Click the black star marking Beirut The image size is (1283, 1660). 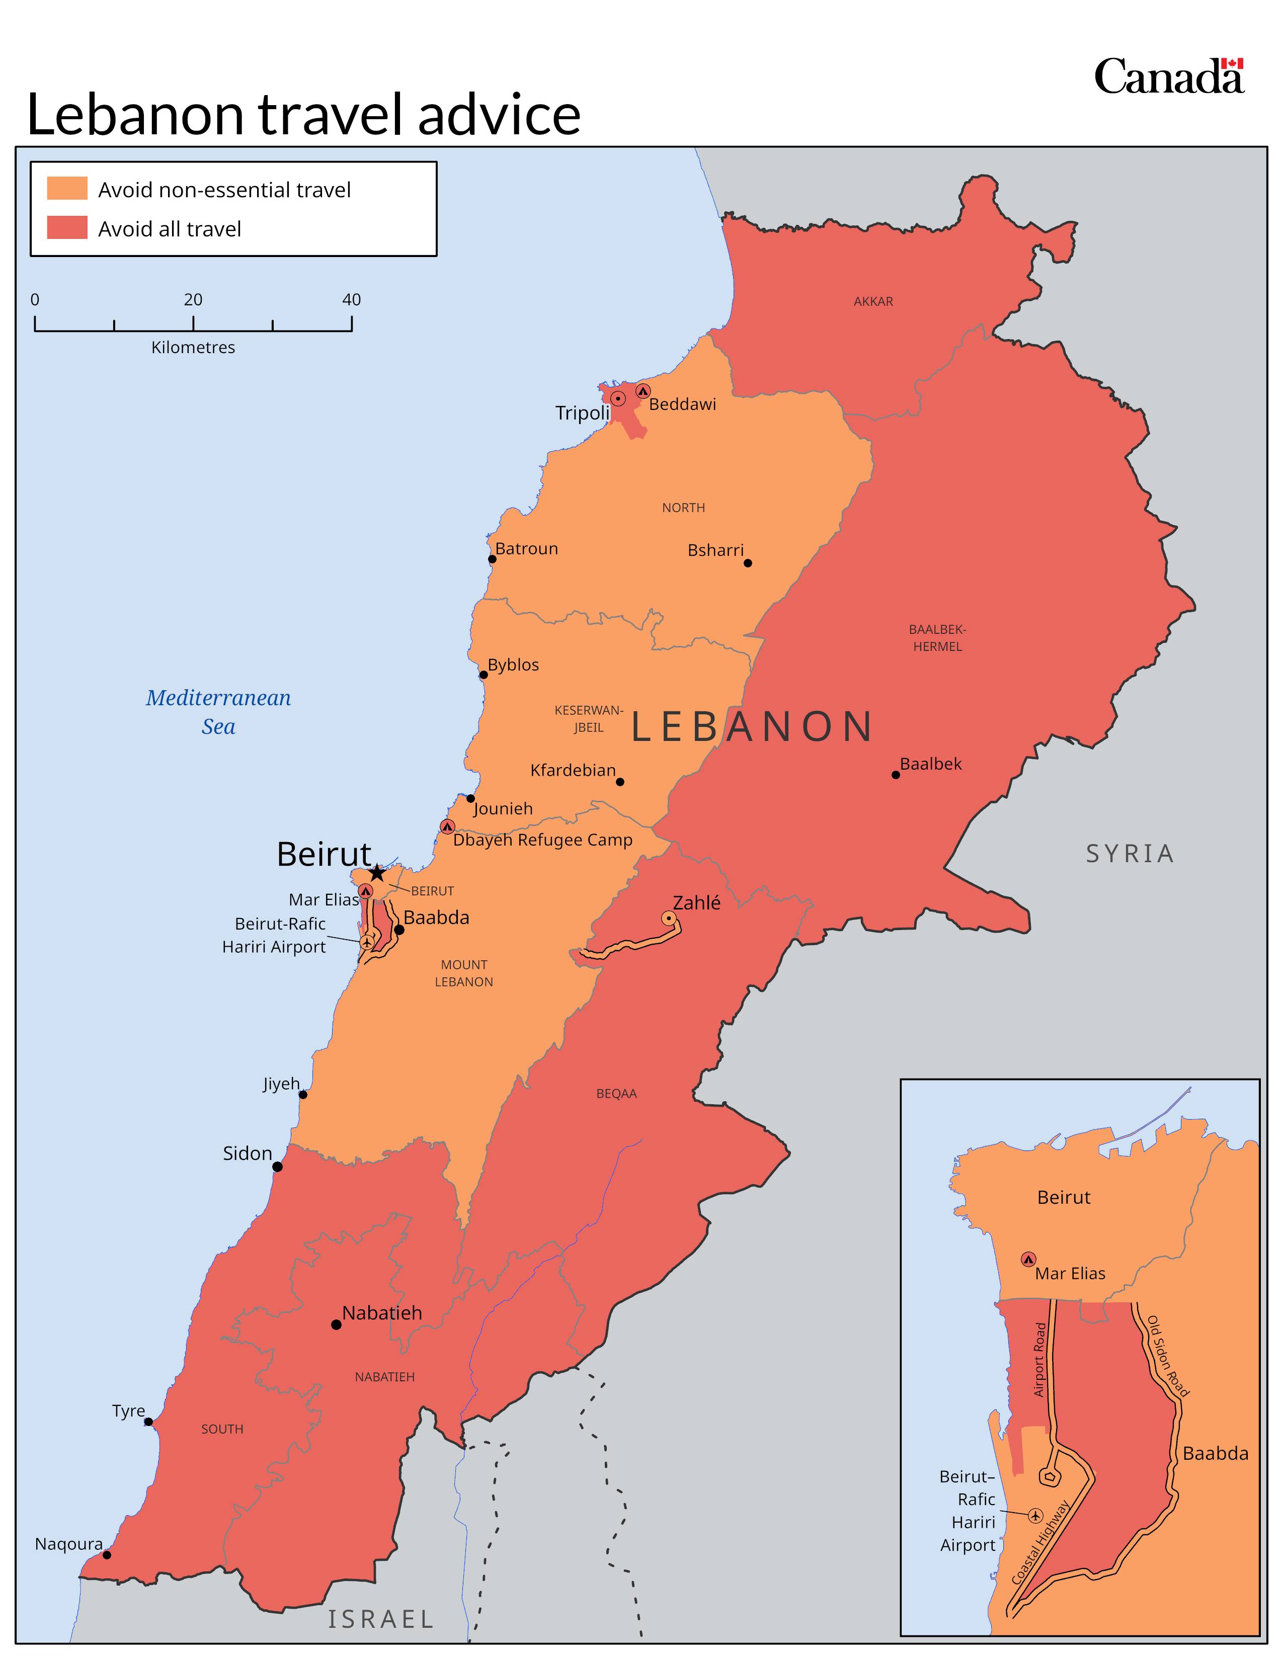(x=377, y=873)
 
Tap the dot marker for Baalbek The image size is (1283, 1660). (x=896, y=775)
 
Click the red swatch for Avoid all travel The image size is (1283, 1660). (x=67, y=228)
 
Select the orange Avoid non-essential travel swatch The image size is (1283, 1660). (x=67, y=189)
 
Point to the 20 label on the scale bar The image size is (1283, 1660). (x=193, y=299)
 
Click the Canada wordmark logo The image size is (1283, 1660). (x=1168, y=77)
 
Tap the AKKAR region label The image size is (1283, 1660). (x=872, y=302)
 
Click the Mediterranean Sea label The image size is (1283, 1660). (x=218, y=711)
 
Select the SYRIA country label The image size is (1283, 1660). (x=1130, y=854)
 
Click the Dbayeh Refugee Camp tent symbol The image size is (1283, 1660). (x=447, y=826)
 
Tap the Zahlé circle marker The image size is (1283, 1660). (x=668, y=918)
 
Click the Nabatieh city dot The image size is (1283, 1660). (x=336, y=1325)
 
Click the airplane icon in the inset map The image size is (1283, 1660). (x=1035, y=1515)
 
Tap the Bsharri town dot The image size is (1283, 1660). (x=748, y=563)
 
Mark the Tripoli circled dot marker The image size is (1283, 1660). (x=618, y=398)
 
